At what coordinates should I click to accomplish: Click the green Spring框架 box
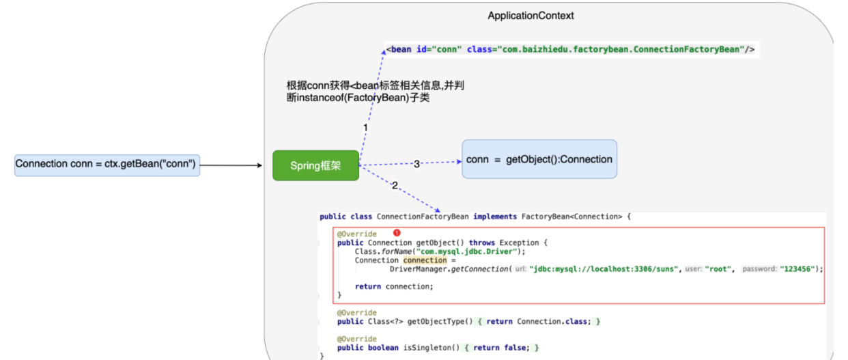click(315, 165)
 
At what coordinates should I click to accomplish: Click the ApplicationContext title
click(531, 16)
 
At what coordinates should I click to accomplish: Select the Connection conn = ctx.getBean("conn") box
click(107, 165)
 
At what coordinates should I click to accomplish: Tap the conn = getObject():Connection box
click(539, 159)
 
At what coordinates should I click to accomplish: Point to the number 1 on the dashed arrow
click(365, 128)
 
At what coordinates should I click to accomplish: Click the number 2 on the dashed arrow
click(395, 185)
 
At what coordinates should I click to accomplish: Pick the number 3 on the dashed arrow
click(416, 164)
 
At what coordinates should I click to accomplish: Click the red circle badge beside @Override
click(397, 233)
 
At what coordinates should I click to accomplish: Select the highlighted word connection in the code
click(425, 260)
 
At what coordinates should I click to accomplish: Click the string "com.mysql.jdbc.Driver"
click(467, 251)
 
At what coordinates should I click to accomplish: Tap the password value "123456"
click(797, 269)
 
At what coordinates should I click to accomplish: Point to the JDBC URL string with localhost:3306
click(604, 269)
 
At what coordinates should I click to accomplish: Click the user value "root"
click(718, 269)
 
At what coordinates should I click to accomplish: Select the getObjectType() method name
click(440, 321)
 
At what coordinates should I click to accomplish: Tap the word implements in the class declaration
click(495, 217)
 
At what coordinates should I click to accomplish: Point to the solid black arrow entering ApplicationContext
click(231, 165)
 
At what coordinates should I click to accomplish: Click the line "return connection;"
click(394, 286)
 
